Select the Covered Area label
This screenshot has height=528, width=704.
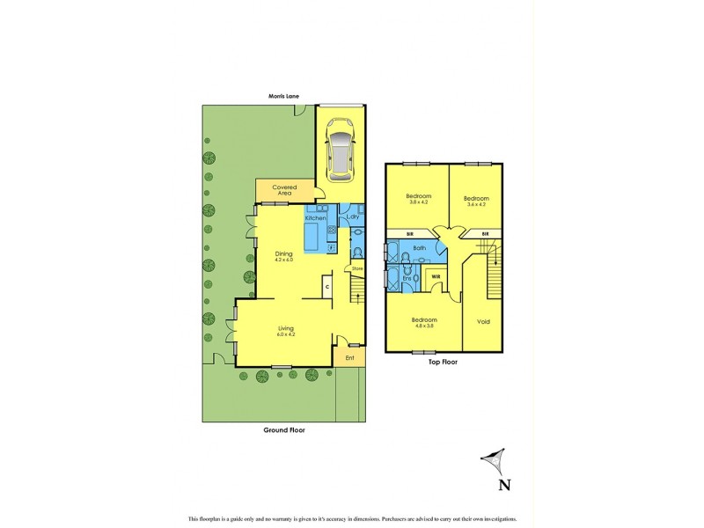pos(283,189)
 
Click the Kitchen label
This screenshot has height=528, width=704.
pos(316,217)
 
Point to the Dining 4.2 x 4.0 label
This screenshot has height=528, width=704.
pos(283,256)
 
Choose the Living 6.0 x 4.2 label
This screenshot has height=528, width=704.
pos(286,331)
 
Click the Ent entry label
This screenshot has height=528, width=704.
pos(349,357)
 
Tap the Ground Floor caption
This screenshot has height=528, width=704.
pos(283,431)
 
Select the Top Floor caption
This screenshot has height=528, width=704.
pos(444,362)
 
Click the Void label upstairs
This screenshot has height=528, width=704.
pos(483,321)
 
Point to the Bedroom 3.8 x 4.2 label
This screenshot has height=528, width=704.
pos(418,200)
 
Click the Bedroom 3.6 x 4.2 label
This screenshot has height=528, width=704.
pos(476,202)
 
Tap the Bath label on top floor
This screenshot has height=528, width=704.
pos(419,248)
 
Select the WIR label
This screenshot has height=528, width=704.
pos(435,275)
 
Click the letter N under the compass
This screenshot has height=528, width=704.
pos(503,484)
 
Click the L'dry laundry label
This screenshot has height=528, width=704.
pos(353,216)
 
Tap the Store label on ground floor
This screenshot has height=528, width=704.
pos(357,268)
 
